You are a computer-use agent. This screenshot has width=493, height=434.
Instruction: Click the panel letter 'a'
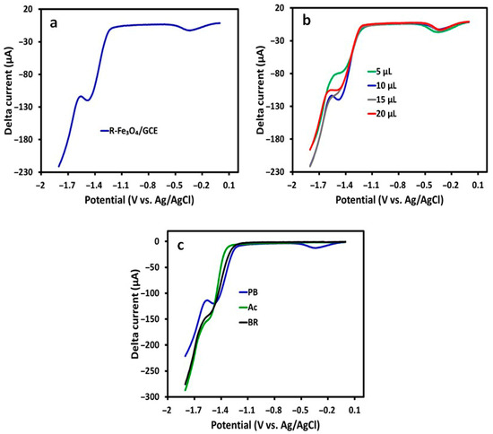(x=54, y=23)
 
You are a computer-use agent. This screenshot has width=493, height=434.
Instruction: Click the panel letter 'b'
(x=307, y=21)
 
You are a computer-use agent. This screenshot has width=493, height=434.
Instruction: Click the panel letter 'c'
(x=180, y=246)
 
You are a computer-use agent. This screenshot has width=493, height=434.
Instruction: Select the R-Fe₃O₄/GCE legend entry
(x=129, y=131)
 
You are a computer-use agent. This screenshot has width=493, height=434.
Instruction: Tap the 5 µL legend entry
(x=380, y=72)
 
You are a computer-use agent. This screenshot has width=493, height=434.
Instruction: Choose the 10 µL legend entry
(x=382, y=85)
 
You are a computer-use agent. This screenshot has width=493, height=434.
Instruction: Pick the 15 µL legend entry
(x=382, y=100)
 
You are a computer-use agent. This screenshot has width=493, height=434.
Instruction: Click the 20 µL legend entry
(x=382, y=114)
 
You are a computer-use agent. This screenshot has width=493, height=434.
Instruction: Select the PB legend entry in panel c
(x=248, y=292)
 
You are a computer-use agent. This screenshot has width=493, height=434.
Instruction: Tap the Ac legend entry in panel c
(x=248, y=308)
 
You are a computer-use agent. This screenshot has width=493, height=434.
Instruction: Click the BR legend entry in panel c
(x=248, y=322)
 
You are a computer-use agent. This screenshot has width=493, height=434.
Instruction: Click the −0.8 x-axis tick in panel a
(x=148, y=186)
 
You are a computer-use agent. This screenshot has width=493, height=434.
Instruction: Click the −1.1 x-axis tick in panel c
(x=247, y=411)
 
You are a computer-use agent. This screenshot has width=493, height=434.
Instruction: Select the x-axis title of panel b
(x=390, y=200)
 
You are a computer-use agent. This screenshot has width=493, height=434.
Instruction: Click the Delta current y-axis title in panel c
(x=135, y=314)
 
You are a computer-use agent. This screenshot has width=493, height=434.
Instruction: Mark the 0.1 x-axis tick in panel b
(x=478, y=186)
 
